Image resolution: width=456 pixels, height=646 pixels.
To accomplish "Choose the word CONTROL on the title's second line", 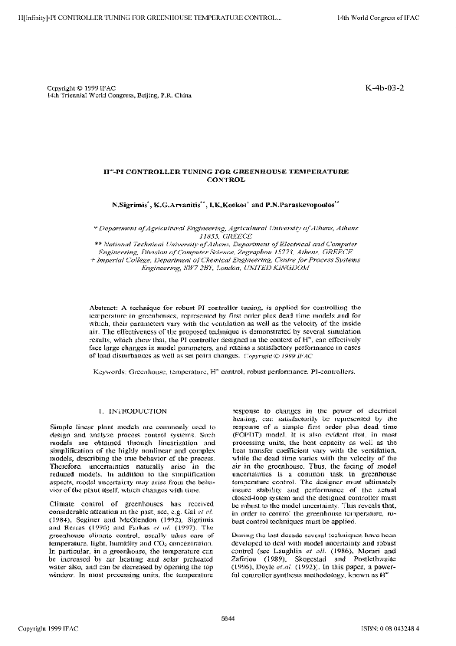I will (x=227, y=181).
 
